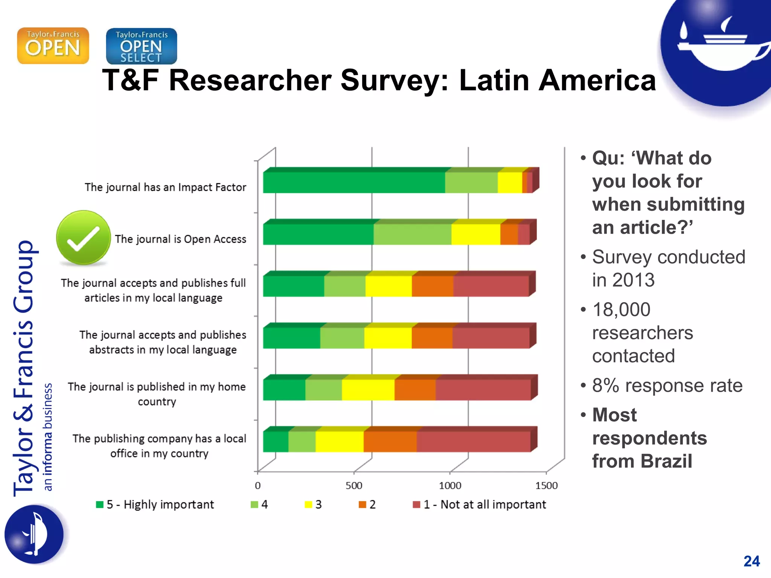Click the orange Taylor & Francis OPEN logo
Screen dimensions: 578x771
[53, 46]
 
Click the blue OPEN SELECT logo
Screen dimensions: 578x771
[142, 46]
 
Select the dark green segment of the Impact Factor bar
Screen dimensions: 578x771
[354, 183]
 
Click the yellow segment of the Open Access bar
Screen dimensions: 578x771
[475, 234]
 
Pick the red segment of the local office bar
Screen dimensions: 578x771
[473, 441]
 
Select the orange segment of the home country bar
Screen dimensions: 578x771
[415, 389]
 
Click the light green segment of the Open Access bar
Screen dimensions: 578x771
[412, 234]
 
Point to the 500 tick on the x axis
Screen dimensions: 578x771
[354, 485]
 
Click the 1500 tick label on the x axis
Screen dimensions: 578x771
[546, 485]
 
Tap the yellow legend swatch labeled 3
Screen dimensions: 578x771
[308, 505]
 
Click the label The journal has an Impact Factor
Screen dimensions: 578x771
[165, 187]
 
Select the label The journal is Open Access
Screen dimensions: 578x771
[180, 239]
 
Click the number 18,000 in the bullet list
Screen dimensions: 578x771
[621, 310]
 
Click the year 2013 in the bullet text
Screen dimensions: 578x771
[633, 280]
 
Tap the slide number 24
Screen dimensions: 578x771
[751, 561]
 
